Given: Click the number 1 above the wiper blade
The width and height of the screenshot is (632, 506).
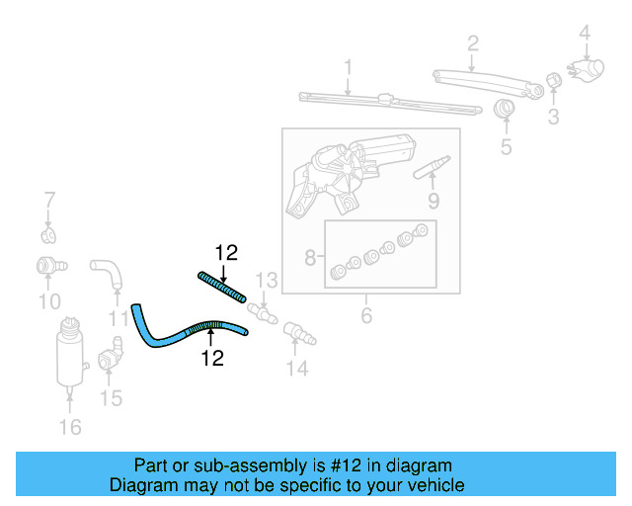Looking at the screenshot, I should (x=348, y=67).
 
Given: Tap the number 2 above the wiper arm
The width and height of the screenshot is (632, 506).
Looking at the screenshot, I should (x=472, y=42).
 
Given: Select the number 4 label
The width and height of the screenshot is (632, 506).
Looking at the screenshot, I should (x=585, y=33).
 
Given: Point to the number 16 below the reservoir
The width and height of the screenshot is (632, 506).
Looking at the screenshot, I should (x=70, y=427).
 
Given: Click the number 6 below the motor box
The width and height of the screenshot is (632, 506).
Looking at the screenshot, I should (x=366, y=316).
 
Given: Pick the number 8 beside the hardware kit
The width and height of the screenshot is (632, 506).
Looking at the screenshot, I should (x=310, y=259).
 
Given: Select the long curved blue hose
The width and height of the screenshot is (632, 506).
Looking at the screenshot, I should (x=188, y=332).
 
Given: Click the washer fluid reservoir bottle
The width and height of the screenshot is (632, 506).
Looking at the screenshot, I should (x=69, y=353).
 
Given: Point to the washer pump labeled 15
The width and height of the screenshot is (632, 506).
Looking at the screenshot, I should (x=111, y=355).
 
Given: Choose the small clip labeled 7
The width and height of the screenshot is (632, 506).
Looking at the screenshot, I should (x=48, y=234).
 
